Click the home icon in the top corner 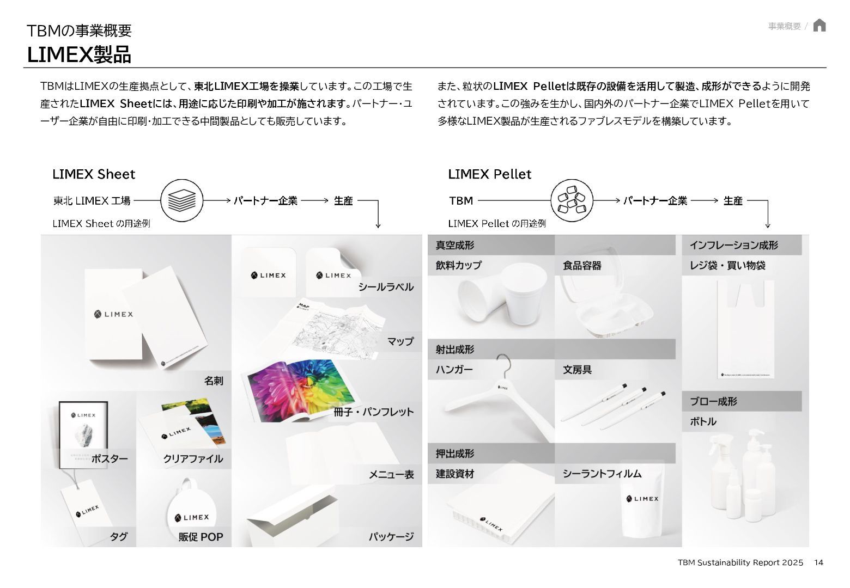(x=819, y=26)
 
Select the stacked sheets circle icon (x=181, y=200)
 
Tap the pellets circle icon (x=572, y=200)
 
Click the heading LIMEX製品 (x=79, y=55)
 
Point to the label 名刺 (x=214, y=381)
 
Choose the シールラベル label (x=386, y=287)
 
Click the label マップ (x=400, y=341)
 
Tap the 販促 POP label (x=201, y=537)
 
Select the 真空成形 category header (x=455, y=245)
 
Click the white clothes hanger (x=496, y=397)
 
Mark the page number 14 (x=818, y=562)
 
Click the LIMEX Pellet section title (x=489, y=174)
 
